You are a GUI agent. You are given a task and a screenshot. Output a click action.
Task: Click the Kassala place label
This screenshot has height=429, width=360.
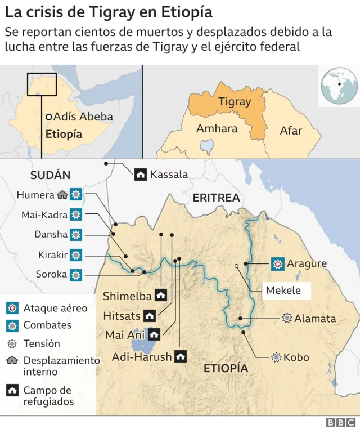point(169,175)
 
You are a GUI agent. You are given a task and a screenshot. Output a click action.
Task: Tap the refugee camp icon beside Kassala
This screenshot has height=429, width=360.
point(141,175)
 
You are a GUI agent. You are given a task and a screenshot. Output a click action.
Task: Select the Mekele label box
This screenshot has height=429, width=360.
point(283,291)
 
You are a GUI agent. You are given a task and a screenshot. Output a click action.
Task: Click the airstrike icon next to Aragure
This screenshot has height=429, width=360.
point(277,263)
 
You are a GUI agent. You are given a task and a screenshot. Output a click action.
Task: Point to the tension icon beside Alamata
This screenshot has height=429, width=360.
point(287,319)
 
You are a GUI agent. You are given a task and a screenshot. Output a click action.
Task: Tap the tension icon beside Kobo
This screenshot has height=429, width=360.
point(276,357)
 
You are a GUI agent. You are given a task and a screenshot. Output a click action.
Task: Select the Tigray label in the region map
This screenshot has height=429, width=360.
point(234,102)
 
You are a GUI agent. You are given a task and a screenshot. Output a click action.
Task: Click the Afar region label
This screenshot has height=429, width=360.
point(291,131)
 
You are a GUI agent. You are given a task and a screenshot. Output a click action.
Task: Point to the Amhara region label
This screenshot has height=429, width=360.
point(217,128)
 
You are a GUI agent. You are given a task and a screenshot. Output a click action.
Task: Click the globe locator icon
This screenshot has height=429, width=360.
point(339,86)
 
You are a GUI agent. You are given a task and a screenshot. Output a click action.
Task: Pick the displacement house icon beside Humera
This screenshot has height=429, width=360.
point(62,195)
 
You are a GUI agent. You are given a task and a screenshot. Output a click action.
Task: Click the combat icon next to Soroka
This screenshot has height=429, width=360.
point(76,275)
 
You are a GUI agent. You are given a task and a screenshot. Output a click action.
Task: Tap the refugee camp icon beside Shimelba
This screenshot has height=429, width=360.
point(161,296)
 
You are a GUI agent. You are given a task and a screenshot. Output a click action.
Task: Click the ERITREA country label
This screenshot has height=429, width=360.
point(216,198)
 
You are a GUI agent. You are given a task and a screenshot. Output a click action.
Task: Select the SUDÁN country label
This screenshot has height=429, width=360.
point(51,175)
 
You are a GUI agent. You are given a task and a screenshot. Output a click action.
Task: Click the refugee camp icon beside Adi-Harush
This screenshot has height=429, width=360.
point(181,356)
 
